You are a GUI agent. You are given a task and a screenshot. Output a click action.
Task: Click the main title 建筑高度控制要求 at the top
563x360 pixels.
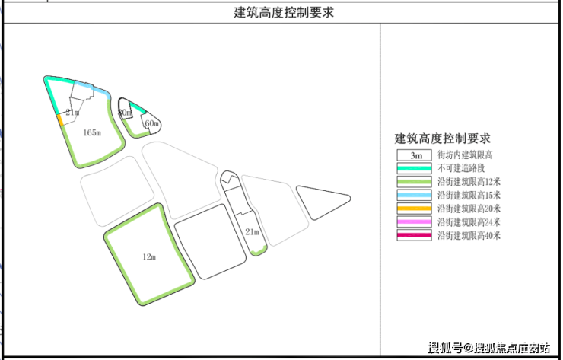[283, 13]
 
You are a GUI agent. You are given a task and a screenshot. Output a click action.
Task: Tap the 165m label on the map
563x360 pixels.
[91, 132]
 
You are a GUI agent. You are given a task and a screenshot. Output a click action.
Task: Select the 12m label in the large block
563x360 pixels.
[148, 257]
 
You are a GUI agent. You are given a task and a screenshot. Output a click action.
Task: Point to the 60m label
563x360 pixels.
[151, 123]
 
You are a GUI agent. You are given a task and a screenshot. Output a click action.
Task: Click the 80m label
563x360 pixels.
[125, 113]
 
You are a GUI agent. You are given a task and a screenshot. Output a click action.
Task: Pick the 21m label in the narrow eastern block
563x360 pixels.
[252, 231]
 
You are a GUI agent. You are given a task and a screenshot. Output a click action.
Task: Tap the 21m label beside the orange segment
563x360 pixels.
[72, 113]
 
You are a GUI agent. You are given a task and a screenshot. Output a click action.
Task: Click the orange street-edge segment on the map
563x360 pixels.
[59, 119]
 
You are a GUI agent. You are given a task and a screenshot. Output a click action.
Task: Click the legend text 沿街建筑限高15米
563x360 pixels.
[469, 195]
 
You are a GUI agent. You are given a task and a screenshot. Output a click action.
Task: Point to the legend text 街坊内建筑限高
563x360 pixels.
[463, 155]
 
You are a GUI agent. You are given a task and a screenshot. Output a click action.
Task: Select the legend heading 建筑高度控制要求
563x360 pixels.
[443, 139]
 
